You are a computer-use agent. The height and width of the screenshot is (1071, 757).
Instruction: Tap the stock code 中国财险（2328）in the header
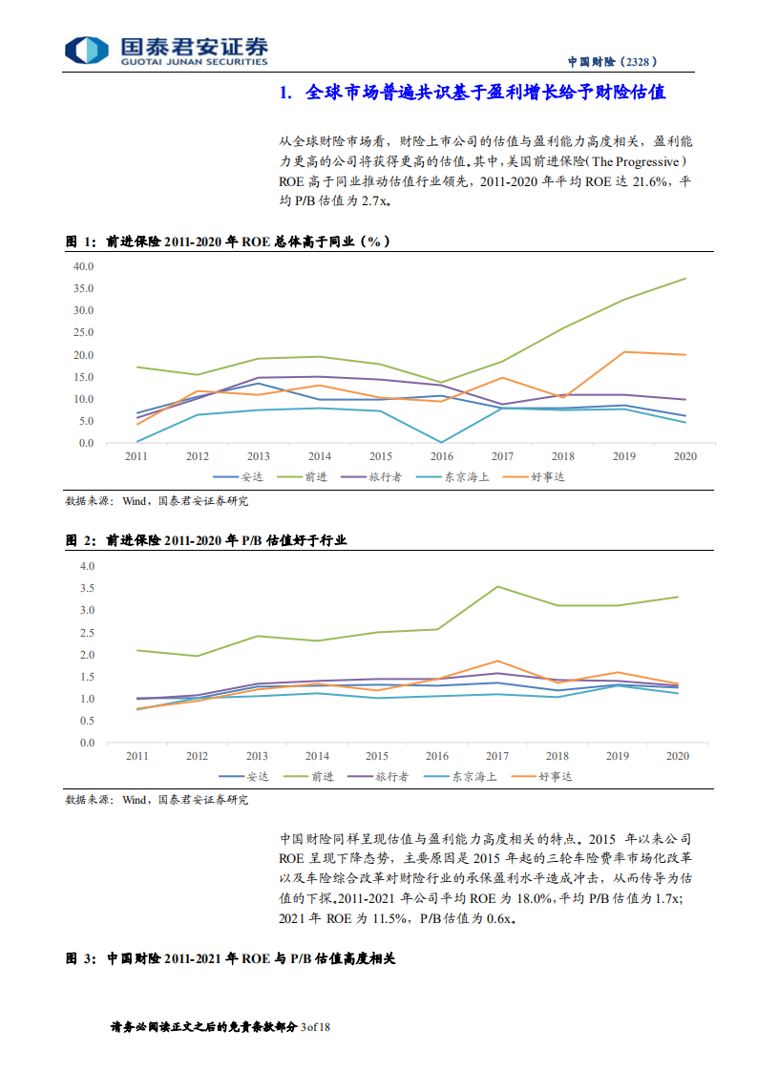(x=612, y=61)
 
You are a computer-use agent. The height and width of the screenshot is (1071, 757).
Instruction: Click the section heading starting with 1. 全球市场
(x=472, y=94)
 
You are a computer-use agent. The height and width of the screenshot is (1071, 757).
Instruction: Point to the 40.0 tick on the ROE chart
(x=84, y=266)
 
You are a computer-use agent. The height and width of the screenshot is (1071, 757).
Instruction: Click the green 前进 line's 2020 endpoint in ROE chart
(x=685, y=279)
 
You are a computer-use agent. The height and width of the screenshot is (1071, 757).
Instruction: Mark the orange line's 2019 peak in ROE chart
(x=624, y=352)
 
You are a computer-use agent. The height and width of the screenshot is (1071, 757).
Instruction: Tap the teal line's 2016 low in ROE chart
(x=442, y=442)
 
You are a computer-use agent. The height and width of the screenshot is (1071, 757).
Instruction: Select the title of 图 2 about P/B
(x=205, y=540)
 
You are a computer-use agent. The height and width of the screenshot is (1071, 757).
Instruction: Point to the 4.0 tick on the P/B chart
(x=88, y=566)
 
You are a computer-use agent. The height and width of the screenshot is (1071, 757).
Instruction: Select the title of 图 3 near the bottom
(x=229, y=956)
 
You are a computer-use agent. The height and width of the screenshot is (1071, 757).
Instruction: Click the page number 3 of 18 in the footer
(x=315, y=1027)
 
